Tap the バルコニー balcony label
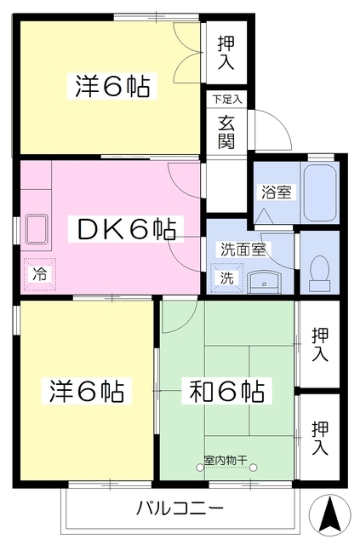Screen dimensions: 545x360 [180, 508]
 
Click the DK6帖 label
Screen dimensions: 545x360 [128, 228]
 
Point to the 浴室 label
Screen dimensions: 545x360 [276, 192]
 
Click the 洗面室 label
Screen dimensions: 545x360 [244, 250]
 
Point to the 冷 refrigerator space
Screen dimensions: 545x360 [39, 273]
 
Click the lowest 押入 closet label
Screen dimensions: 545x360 [320, 436]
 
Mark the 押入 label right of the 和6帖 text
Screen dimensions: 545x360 [320, 344]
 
